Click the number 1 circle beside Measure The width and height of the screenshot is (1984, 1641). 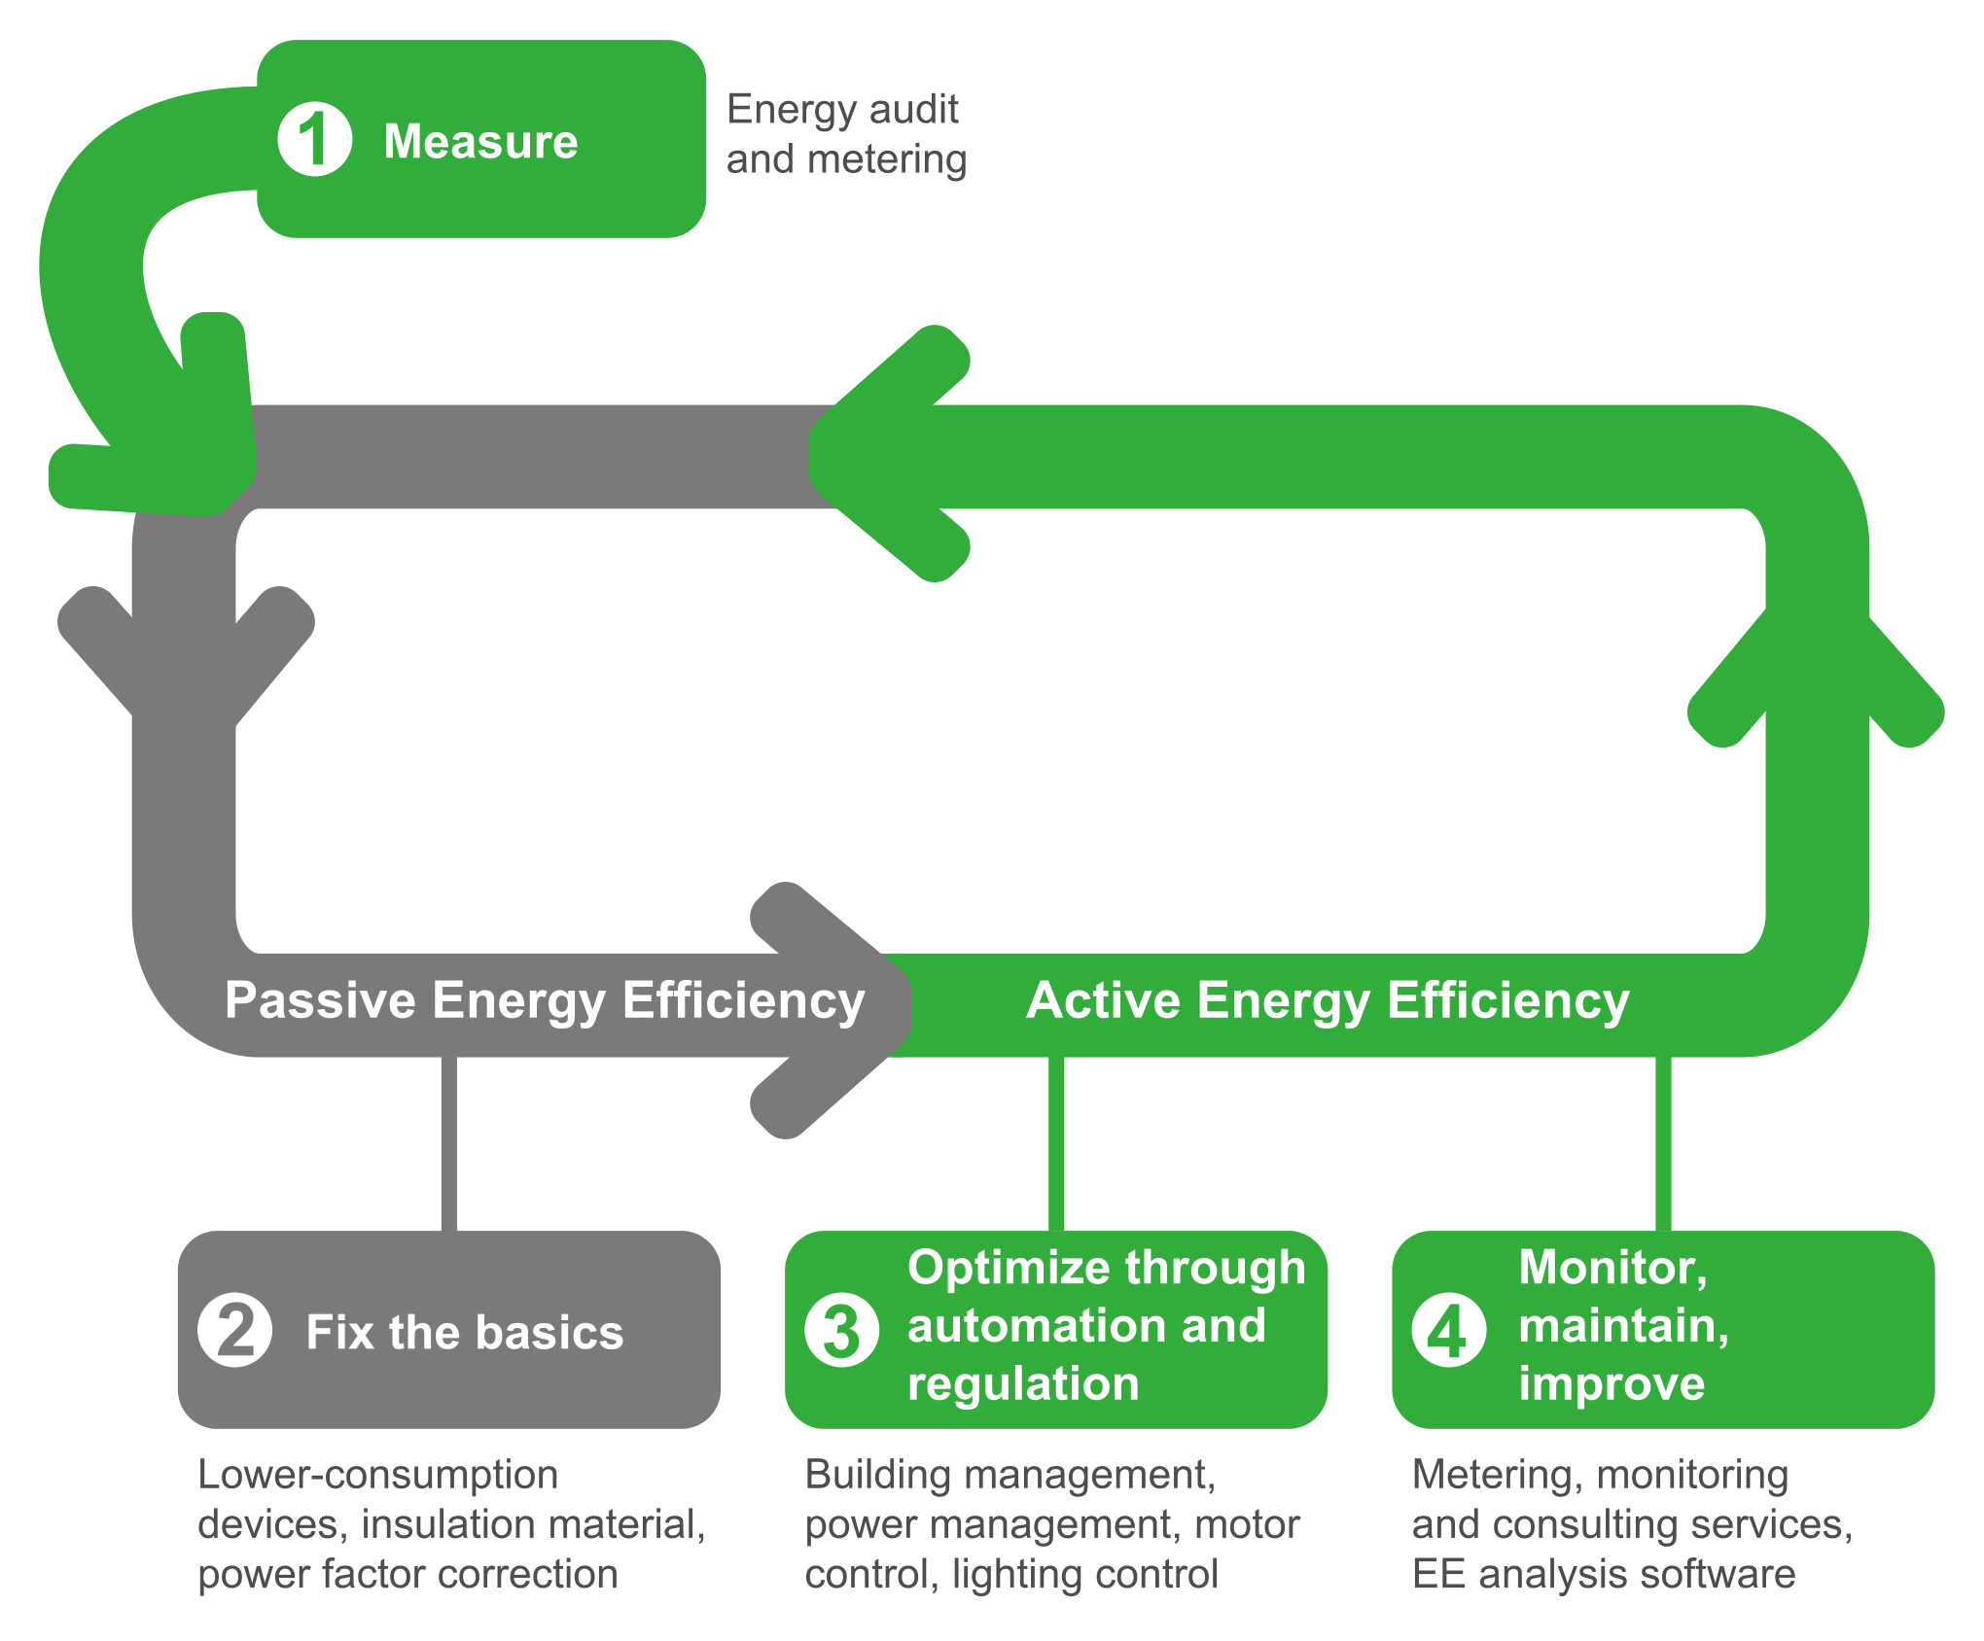click(314, 140)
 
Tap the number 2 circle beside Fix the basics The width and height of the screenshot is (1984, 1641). click(234, 1330)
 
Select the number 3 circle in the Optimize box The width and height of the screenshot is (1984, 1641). click(841, 1330)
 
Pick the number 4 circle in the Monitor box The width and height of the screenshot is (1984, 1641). click(1448, 1330)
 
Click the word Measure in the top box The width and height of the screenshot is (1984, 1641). click(480, 142)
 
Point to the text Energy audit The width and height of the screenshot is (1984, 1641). click(842, 109)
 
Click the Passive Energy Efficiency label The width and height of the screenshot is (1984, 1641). click(545, 1000)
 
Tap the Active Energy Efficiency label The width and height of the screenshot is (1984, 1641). click(1328, 1000)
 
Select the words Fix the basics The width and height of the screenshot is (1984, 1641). click(465, 1332)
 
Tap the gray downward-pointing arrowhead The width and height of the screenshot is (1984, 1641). click(185, 661)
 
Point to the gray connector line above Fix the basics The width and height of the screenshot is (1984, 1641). click(449, 1143)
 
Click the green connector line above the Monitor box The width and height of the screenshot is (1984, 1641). click(1664, 1143)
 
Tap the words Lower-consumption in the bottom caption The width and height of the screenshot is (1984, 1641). click(378, 1476)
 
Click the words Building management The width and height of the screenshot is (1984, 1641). click(1010, 1476)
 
